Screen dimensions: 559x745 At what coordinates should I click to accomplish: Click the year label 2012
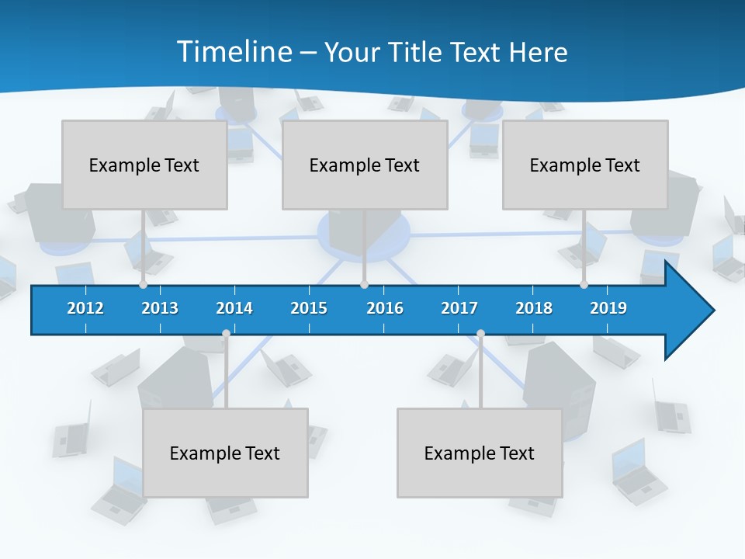(x=85, y=308)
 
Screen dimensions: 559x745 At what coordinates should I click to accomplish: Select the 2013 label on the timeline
(x=160, y=308)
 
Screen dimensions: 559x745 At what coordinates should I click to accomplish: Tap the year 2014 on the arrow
(x=234, y=308)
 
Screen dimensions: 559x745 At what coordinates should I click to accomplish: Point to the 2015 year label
(x=309, y=308)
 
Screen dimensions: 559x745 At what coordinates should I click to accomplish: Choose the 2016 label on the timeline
(x=385, y=308)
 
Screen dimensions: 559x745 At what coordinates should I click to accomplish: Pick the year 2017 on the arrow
(x=459, y=308)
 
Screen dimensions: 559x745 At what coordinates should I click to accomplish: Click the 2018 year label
(x=534, y=308)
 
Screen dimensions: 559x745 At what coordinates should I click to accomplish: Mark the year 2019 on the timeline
(x=608, y=308)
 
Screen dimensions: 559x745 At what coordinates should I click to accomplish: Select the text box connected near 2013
(x=144, y=165)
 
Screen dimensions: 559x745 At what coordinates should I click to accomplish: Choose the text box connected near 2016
(x=365, y=165)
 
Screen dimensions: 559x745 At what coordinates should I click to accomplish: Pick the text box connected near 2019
(x=585, y=165)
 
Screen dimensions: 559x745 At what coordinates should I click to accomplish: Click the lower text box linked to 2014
(x=225, y=453)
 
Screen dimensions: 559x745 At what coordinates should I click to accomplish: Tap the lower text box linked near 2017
(x=480, y=453)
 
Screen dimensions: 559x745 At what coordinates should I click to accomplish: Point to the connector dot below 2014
(x=226, y=334)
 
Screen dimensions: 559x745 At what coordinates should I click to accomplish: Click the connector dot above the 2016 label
(x=364, y=285)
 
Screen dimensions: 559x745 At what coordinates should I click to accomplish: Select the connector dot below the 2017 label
(x=480, y=334)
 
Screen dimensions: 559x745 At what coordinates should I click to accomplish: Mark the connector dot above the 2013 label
(x=143, y=285)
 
